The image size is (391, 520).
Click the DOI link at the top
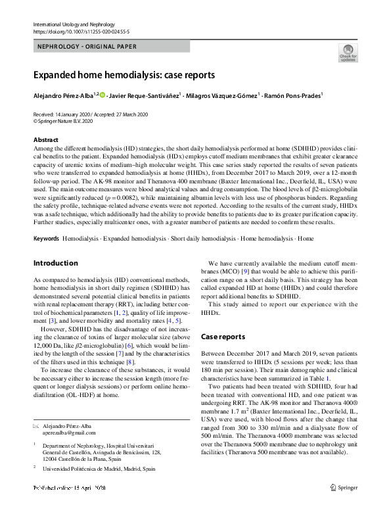click(x=81, y=31)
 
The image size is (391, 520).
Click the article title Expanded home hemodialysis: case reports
click(x=124, y=75)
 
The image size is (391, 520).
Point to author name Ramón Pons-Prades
click(x=294, y=95)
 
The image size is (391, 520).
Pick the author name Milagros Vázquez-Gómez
click(x=223, y=95)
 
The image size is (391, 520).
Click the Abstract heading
click(x=47, y=140)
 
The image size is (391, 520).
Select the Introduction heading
click(x=55, y=263)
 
